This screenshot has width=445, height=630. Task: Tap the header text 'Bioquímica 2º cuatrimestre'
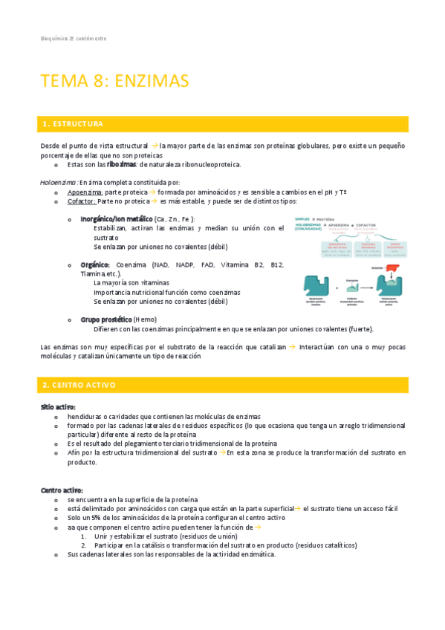pos(73,38)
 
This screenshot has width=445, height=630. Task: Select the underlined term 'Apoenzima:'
pos(85,192)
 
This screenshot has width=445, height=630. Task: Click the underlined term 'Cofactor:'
pos(81,201)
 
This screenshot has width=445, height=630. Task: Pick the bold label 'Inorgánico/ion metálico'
pos(115,219)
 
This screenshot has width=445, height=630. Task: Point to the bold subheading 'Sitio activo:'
pos(58,407)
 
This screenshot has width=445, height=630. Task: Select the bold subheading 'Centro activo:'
pos(62,490)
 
